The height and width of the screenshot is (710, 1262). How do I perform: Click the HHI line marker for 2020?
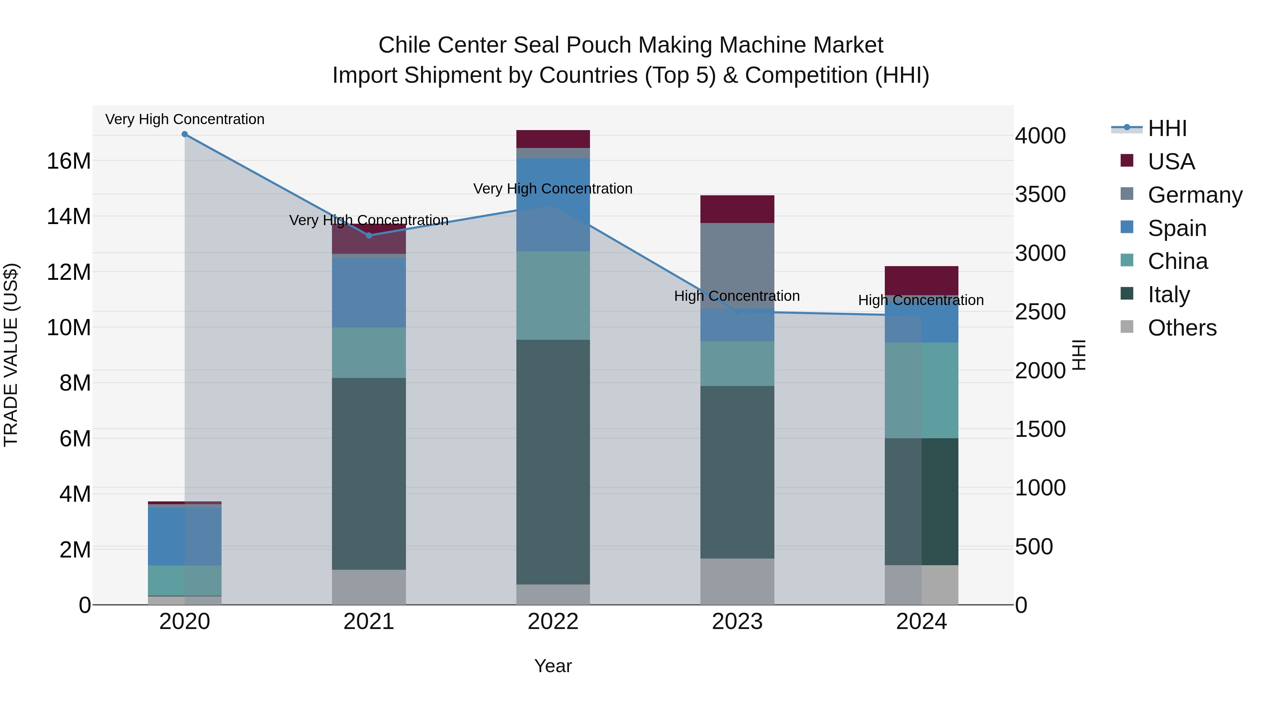(x=185, y=134)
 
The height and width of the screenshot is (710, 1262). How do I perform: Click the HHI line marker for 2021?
(x=369, y=236)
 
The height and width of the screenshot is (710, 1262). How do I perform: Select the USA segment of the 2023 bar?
(x=737, y=209)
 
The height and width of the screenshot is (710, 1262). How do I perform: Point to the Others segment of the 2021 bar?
(x=369, y=587)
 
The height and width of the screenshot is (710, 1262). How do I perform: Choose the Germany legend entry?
(x=1194, y=195)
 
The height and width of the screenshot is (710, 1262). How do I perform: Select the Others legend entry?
(x=1182, y=328)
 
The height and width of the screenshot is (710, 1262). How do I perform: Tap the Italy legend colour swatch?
(x=1127, y=294)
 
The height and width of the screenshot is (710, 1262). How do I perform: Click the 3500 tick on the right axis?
(x=1040, y=195)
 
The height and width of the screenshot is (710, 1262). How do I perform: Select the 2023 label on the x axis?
(x=737, y=622)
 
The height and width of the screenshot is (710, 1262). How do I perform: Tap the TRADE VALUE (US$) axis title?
(x=11, y=355)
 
